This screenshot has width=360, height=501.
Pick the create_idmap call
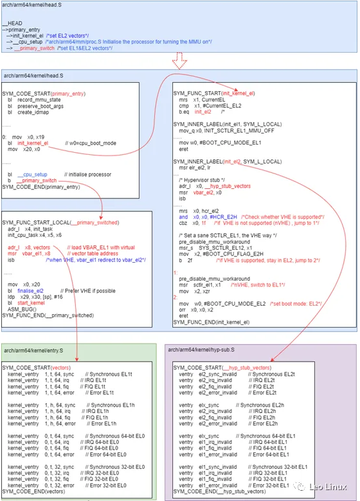[30, 114]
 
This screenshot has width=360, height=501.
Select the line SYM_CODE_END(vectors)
[32, 491]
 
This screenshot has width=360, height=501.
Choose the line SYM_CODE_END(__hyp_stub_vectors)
[219, 491]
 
